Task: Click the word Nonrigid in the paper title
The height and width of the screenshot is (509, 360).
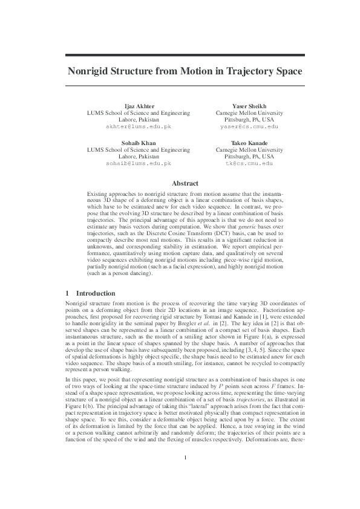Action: [x=96, y=71]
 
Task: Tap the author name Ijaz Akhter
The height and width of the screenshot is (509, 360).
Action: [x=139, y=106]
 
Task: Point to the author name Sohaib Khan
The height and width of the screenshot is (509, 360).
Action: [x=139, y=143]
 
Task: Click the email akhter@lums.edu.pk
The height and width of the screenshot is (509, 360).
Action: [x=139, y=127]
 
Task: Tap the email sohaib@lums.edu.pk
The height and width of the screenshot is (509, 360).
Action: [x=139, y=164]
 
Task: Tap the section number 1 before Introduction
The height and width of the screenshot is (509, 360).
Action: [x=68, y=293]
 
